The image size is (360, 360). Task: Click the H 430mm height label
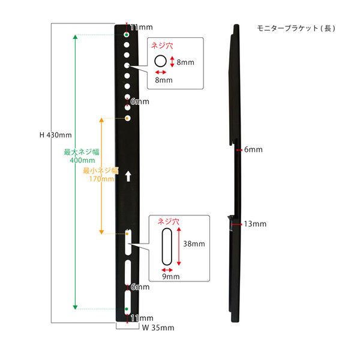point(56,135)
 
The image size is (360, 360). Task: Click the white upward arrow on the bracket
point(128,177)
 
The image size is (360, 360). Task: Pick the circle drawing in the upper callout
point(161,61)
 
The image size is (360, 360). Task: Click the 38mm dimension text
point(194,245)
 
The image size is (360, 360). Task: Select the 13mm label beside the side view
point(255,224)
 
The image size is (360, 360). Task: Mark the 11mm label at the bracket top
point(142,28)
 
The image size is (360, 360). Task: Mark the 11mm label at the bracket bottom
point(142,318)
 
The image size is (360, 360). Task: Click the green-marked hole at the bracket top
point(127,37)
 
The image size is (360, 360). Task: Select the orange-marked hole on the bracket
point(128,118)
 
